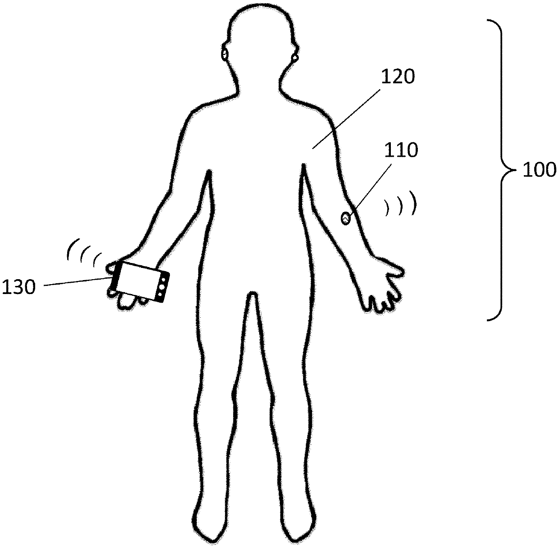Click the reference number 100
[539, 170]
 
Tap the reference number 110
[401, 150]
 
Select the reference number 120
[398, 77]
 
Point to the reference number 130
[18, 287]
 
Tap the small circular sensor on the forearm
[346, 219]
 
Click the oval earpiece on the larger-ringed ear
[225, 54]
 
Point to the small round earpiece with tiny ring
[295, 58]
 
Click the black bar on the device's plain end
[115, 276]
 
